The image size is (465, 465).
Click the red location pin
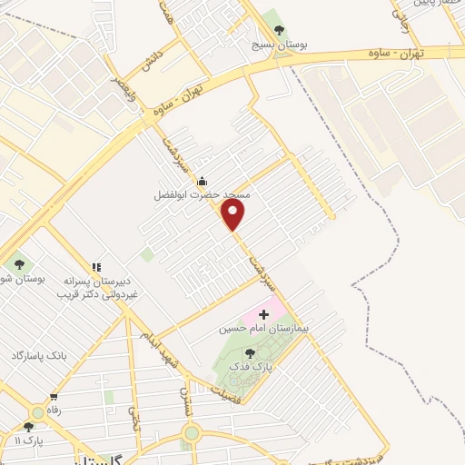click(233, 215)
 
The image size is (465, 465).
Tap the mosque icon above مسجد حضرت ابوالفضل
click(202, 181)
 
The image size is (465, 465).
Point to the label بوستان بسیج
click(279, 43)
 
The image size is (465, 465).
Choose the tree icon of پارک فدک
click(251, 352)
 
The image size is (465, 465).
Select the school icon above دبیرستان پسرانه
click(95, 267)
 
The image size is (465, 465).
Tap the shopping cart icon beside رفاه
click(54, 397)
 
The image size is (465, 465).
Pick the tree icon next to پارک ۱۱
click(28, 426)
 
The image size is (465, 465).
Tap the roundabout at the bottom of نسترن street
click(191, 431)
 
